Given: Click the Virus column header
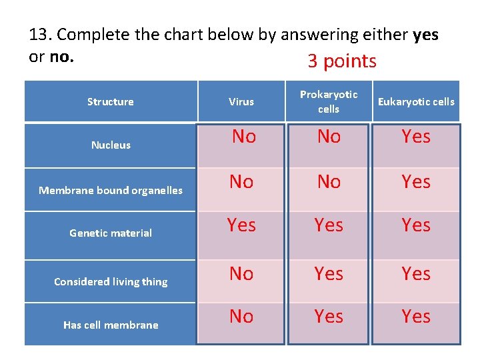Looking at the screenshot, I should (241, 102).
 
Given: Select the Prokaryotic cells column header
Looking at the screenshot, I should (329, 102).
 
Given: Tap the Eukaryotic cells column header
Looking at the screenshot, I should (416, 102).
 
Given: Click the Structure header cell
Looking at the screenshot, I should (111, 102).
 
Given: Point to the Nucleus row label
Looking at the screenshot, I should (111, 145).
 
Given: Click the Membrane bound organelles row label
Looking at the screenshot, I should (111, 190).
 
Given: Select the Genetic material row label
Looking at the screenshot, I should (111, 233).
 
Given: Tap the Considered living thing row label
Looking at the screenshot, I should (111, 281).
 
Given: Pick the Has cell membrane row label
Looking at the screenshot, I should (111, 325).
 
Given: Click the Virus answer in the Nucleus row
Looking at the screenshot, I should (244, 137).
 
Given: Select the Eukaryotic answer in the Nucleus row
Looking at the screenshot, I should (416, 137).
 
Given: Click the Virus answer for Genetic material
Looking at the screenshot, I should (241, 225).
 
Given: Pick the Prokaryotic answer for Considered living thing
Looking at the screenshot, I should (329, 273).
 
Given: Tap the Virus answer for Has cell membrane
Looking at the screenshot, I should (241, 316).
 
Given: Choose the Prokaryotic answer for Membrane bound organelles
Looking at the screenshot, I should (329, 181).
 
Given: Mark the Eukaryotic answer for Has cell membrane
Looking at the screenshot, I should (416, 316).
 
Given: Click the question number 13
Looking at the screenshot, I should (40, 35).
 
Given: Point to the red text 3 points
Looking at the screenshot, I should (342, 61).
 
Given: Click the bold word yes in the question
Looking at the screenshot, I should (425, 35).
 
